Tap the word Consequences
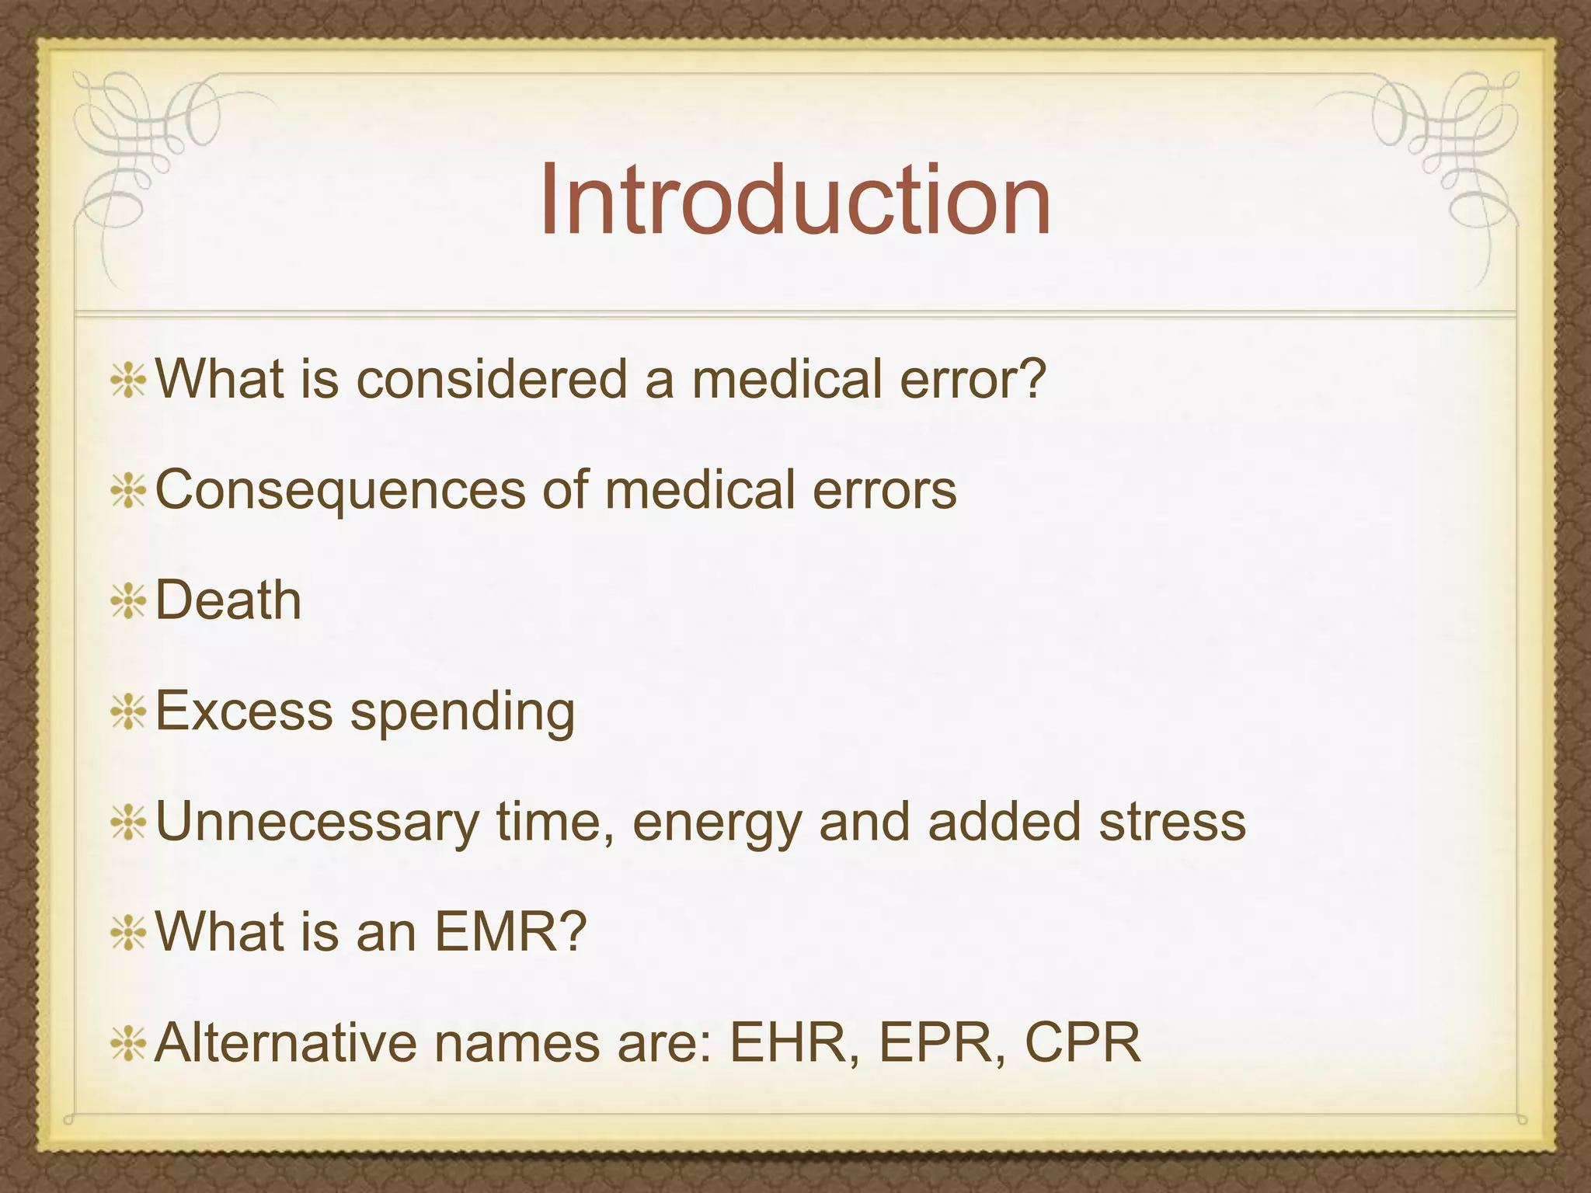pos(340,491)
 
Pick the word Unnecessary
pos(317,823)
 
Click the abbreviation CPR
pos(1083,1042)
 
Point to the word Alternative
pos(287,1042)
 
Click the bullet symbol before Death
pos(128,603)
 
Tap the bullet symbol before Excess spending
pos(128,713)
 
